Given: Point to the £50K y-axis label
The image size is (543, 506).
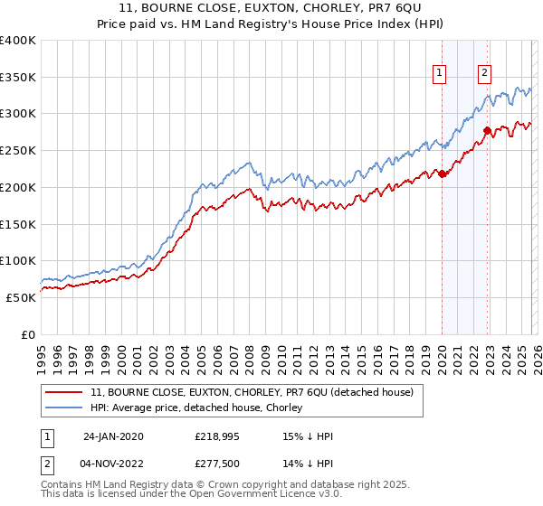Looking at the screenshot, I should [x=22, y=297].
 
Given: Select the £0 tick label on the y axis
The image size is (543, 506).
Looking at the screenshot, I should [x=30, y=334].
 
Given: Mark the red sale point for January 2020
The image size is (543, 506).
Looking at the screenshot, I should [x=443, y=173].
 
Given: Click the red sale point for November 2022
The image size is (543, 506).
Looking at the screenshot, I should [x=487, y=131].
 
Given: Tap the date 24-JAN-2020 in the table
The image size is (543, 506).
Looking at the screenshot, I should [x=113, y=436].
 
